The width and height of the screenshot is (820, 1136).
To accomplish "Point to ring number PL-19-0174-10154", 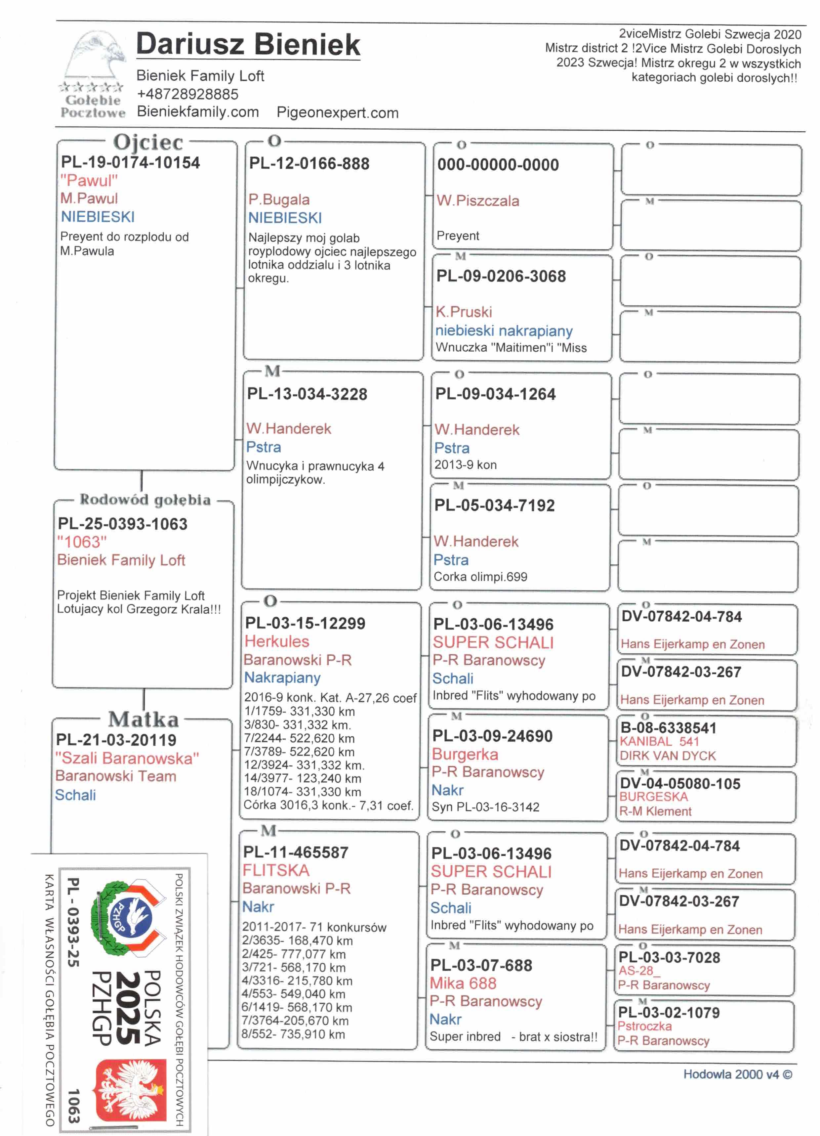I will (x=130, y=162).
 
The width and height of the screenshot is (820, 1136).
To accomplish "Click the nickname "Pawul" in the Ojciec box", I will (x=89, y=180).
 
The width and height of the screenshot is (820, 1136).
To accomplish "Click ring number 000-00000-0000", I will (x=498, y=165).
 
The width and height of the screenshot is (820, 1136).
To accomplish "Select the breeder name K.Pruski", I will (x=464, y=312).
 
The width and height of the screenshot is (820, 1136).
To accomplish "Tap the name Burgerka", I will (x=465, y=754).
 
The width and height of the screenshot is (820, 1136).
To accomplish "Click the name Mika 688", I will (x=463, y=983).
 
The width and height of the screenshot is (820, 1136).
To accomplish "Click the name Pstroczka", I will (x=644, y=1026).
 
